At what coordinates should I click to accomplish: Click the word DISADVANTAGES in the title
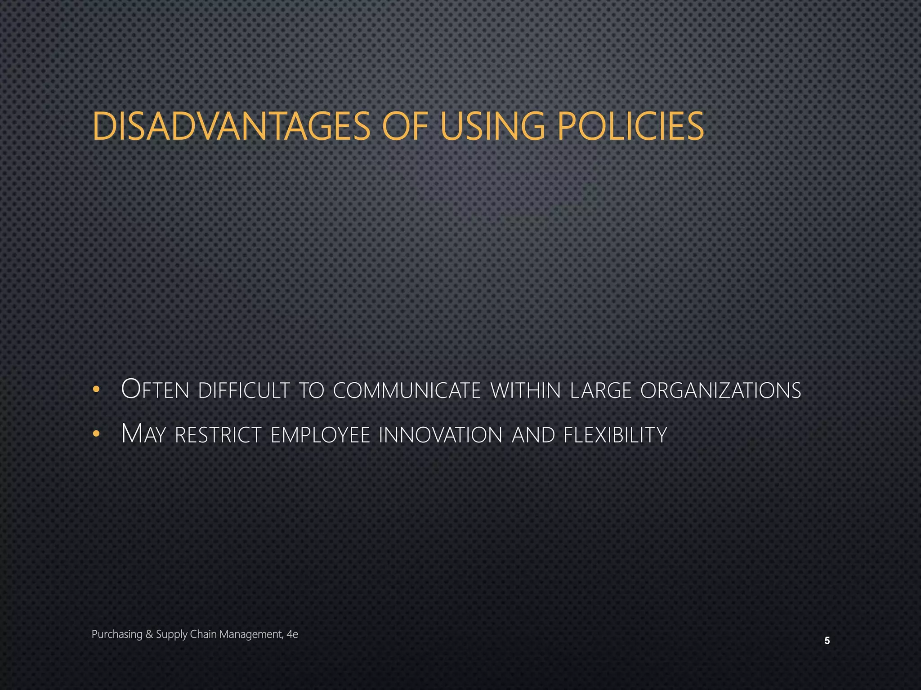click(x=231, y=126)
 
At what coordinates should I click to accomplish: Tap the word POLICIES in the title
click(x=630, y=126)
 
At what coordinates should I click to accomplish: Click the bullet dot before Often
click(x=95, y=390)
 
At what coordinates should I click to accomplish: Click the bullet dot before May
click(x=95, y=434)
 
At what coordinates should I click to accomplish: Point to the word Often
click(x=155, y=389)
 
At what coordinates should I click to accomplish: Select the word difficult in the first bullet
click(x=244, y=390)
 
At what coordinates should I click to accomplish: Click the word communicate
click(x=407, y=390)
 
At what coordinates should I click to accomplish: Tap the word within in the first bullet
click(x=526, y=390)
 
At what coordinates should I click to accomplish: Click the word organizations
click(x=720, y=390)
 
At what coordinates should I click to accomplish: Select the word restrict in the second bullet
click(x=218, y=435)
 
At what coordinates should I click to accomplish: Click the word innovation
click(x=440, y=435)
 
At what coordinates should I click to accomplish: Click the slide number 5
click(x=827, y=641)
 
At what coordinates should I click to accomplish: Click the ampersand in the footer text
click(x=149, y=634)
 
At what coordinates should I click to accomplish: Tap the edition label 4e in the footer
click(x=292, y=634)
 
